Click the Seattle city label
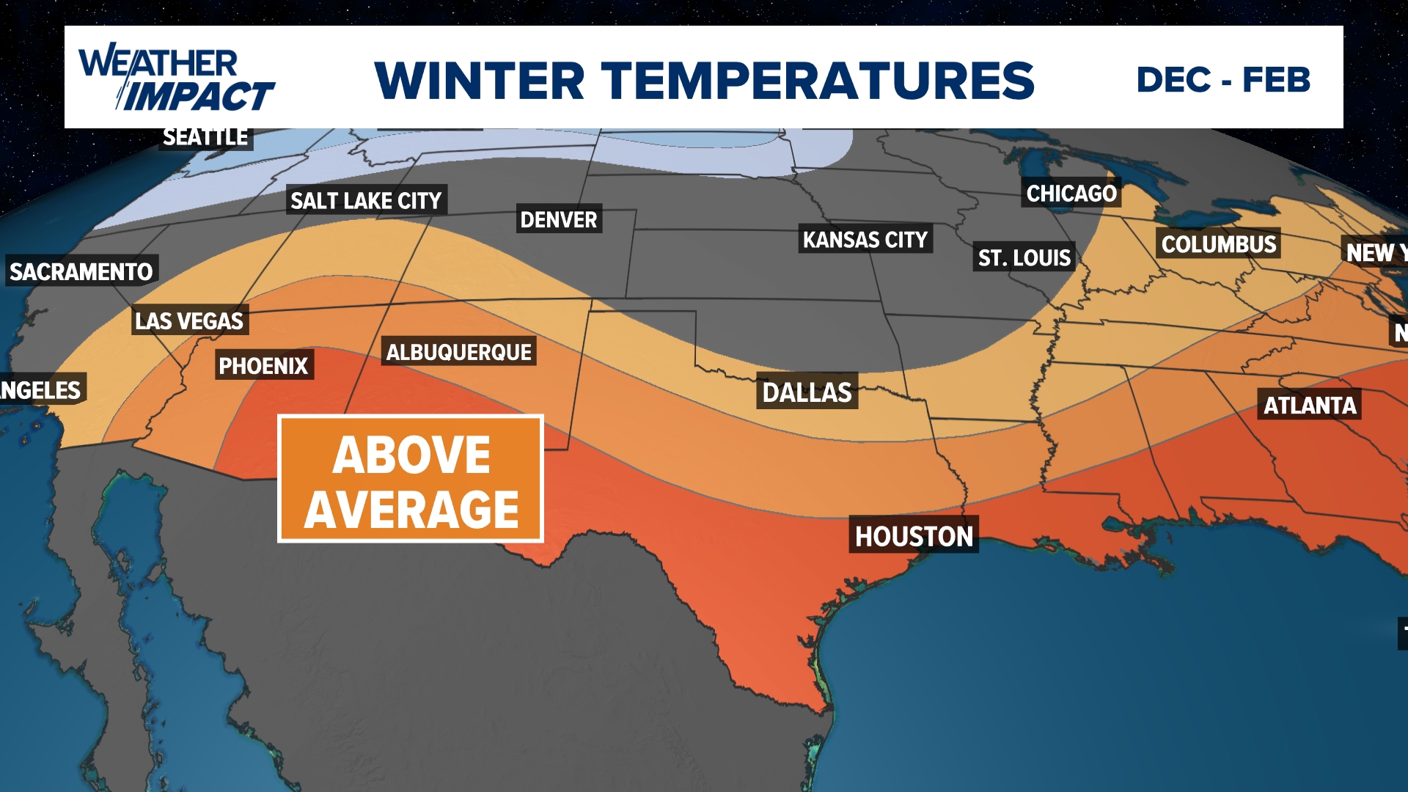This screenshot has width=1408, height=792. (x=205, y=138)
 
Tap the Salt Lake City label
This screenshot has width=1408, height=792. (x=366, y=200)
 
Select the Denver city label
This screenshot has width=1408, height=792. (x=559, y=219)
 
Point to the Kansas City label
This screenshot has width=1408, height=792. (x=865, y=240)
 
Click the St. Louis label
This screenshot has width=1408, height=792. (x=1024, y=257)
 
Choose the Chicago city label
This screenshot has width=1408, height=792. (x=1071, y=194)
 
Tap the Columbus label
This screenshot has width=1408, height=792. (x=1219, y=244)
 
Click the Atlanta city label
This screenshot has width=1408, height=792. (x=1310, y=405)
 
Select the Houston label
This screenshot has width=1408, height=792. (x=914, y=536)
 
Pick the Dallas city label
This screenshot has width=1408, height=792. (x=807, y=392)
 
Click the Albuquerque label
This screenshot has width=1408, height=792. (x=459, y=352)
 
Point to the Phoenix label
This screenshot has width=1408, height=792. (x=264, y=365)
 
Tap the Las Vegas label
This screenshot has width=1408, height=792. (x=189, y=320)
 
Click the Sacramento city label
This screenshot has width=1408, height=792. (x=81, y=271)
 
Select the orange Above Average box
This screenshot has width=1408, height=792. (x=411, y=479)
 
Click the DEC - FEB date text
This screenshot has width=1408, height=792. (x=1223, y=80)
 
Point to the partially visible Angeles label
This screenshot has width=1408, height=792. (x=41, y=389)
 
